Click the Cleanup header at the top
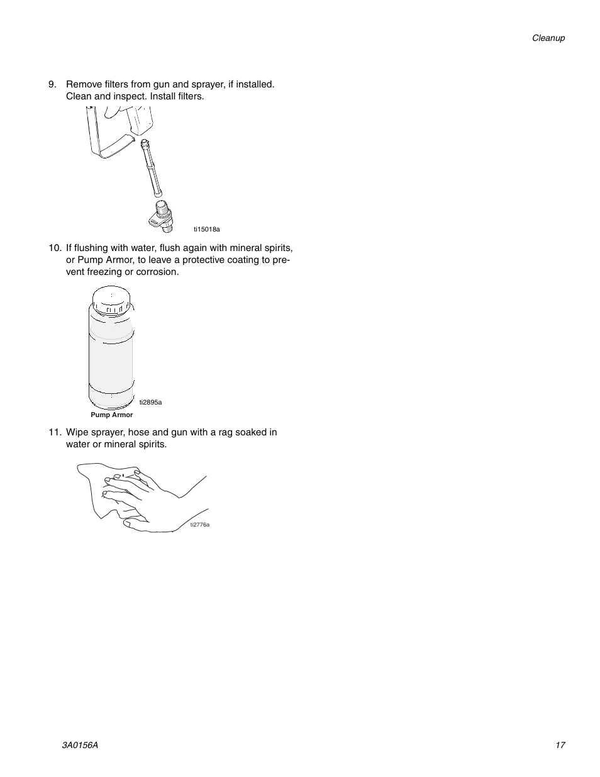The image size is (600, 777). tap(548, 38)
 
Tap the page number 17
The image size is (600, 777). tap(560, 745)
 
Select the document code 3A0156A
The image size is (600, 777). tap(80, 745)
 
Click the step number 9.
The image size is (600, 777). tap(53, 84)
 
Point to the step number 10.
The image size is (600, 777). tap(55, 248)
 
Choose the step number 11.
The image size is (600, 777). tap(55, 432)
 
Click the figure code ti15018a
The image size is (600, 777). tap(207, 230)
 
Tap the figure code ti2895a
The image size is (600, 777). tap(151, 402)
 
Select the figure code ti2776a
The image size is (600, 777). tap(200, 524)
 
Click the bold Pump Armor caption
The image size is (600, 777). tap(112, 415)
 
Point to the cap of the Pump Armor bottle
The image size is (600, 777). tap(111, 299)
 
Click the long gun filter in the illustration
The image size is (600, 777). tap(152, 167)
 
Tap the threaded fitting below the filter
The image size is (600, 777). tap(160, 213)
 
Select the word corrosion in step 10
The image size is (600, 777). tap(158, 272)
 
